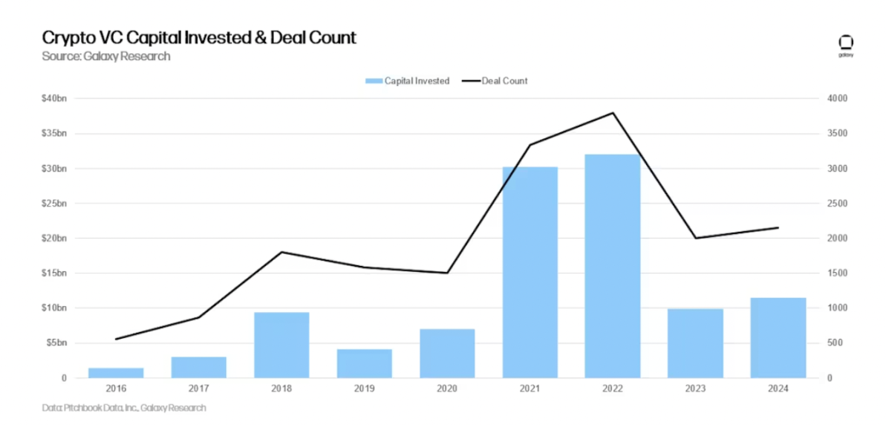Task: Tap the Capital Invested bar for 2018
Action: coord(281,345)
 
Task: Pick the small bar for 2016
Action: coord(116,372)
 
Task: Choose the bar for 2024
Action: coord(778,337)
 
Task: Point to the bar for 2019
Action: coord(364,363)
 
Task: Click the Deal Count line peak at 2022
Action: coord(613,113)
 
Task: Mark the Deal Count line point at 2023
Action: coord(696,238)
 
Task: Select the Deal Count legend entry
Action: coord(495,81)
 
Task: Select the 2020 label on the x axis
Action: coord(447,389)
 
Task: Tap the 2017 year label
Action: coord(198,389)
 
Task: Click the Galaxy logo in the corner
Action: coord(845,44)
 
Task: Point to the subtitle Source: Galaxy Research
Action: coord(106,56)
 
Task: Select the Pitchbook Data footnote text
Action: coord(124,408)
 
